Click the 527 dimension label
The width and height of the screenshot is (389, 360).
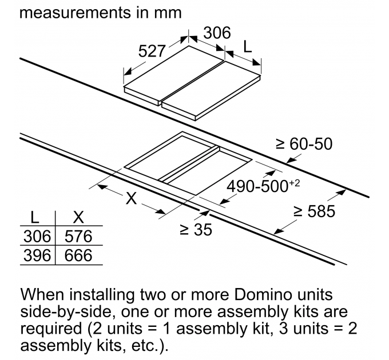pyautogui.click(x=153, y=51)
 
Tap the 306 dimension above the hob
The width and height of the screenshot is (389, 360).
pyautogui.click(x=217, y=33)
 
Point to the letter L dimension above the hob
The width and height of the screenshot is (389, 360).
pyautogui.click(x=247, y=47)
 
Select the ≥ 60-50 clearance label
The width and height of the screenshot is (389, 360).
pyautogui.click(x=304, y=143)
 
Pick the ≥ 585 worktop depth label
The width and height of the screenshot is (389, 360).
pyautogui.click(x=314, y=212)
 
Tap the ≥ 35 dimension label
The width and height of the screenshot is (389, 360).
pyautogui.click(x=196, y=230)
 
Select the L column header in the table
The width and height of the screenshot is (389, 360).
pyautogui.click(x=35, y=218)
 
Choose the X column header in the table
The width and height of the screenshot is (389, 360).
pyautogui.click(x=78, y=218)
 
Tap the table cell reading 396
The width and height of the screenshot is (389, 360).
pyautogui.click(x=37, y=255)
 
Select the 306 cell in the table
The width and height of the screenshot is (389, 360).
pyautogui.click(x=37, y=236)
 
